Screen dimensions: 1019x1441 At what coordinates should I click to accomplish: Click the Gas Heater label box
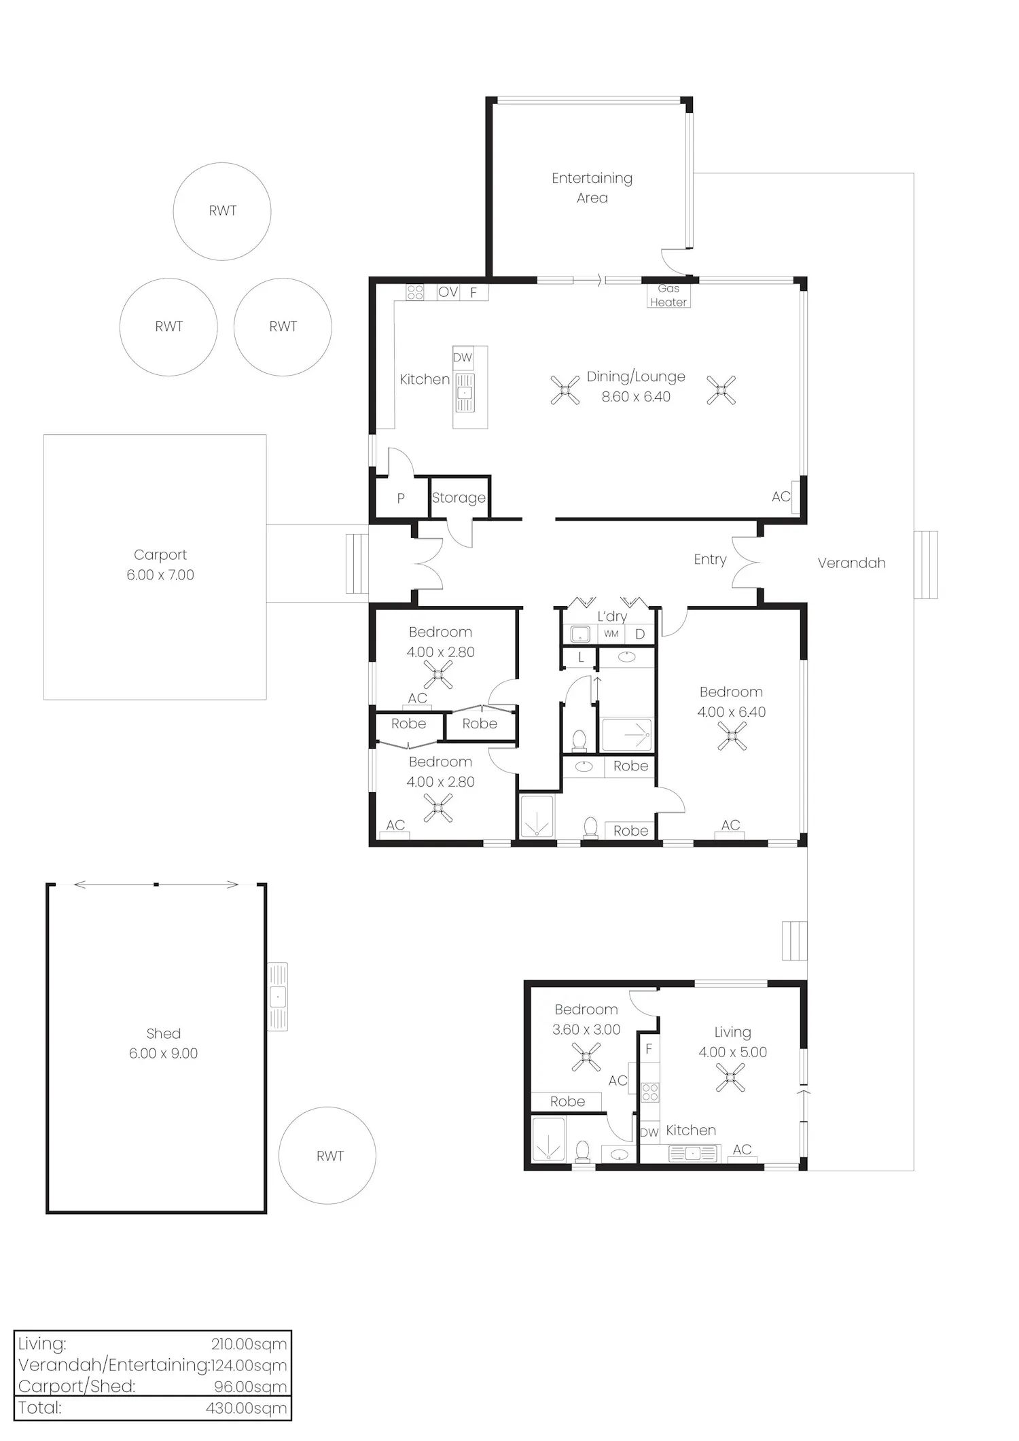pos(668,296)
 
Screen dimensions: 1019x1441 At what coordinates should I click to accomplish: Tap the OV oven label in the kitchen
pos(448,292)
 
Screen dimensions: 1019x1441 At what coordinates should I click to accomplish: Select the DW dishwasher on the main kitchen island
pos(463,357)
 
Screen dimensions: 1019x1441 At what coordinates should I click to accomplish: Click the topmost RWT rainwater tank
pos(222,211)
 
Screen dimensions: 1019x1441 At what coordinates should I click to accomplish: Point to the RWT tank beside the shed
pos(327,1156)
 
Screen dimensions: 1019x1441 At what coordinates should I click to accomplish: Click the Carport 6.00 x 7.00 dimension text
pos(160,575)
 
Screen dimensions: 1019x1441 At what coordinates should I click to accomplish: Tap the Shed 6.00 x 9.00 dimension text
pos(163,1053)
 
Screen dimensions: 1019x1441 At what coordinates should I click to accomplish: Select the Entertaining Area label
pos(592,188)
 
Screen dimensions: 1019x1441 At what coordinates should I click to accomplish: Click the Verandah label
pos(851,563)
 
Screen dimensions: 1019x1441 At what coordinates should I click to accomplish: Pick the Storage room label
pos(459,498)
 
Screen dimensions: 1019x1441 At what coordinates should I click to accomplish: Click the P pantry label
pos(401,498)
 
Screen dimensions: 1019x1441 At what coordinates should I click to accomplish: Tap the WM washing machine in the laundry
pos(611,634)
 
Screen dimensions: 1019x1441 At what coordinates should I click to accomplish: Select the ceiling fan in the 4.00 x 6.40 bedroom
pos(732,736)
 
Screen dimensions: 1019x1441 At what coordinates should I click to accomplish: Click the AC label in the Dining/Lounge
pos(781,497)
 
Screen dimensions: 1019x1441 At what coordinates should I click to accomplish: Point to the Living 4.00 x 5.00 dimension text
pos(732,1052)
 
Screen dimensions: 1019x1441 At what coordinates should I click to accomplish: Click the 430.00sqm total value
pos(247,1408)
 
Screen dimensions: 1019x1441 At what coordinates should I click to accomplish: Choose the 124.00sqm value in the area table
pos(249,1365)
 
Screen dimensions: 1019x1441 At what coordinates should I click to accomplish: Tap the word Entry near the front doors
pos(710,560)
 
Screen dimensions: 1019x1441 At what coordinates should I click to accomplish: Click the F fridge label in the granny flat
pos(649,1050)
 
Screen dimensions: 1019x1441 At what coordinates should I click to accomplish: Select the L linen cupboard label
pos(581,658)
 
